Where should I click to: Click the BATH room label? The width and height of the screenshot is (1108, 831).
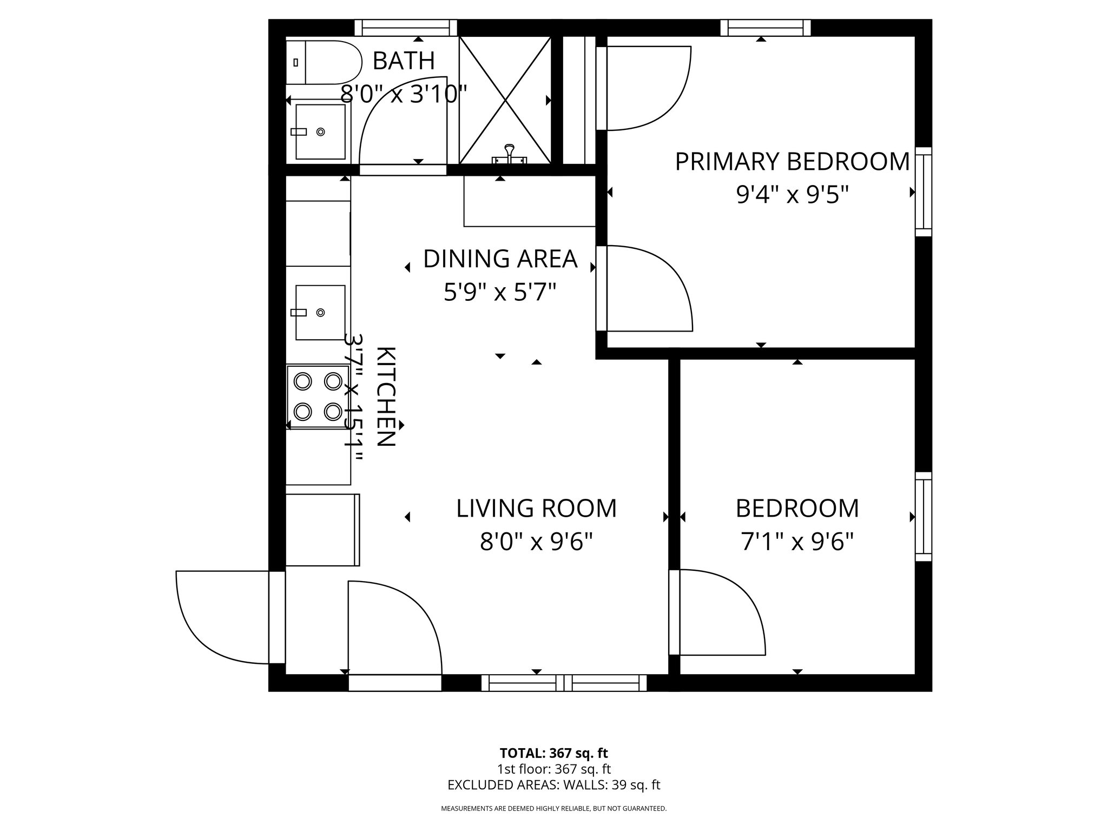404,61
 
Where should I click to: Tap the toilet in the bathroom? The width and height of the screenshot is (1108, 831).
325,62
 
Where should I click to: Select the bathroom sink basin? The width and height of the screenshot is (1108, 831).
320,131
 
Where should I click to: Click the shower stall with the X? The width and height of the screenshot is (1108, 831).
505,100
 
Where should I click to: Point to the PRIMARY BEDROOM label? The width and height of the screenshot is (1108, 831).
792,162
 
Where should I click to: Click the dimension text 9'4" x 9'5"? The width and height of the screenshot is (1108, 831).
792,195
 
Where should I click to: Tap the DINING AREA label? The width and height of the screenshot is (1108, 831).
500,259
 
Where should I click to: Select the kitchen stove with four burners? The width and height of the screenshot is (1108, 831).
318,397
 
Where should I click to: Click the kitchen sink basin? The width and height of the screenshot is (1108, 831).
320,312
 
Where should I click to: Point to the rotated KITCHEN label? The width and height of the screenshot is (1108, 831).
385,397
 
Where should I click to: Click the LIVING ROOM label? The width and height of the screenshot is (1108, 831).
536,508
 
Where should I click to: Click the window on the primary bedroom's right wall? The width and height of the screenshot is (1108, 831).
923,192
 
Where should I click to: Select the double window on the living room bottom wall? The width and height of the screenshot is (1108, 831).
564,683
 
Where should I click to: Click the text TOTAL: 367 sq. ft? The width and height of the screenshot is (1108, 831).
553,753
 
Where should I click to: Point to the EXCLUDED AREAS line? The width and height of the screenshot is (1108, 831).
553,785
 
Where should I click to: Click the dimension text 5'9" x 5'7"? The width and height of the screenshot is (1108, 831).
500,293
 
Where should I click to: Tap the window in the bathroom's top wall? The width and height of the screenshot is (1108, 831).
406,28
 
